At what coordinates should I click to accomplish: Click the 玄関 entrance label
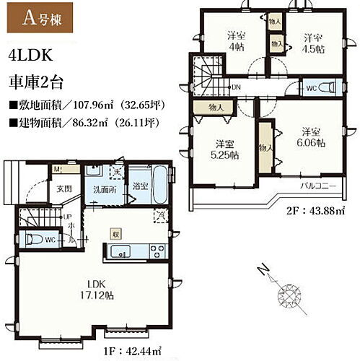point(65,188)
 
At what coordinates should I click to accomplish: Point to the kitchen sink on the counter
point(120,252)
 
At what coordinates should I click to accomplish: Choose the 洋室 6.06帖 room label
point(312,137)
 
